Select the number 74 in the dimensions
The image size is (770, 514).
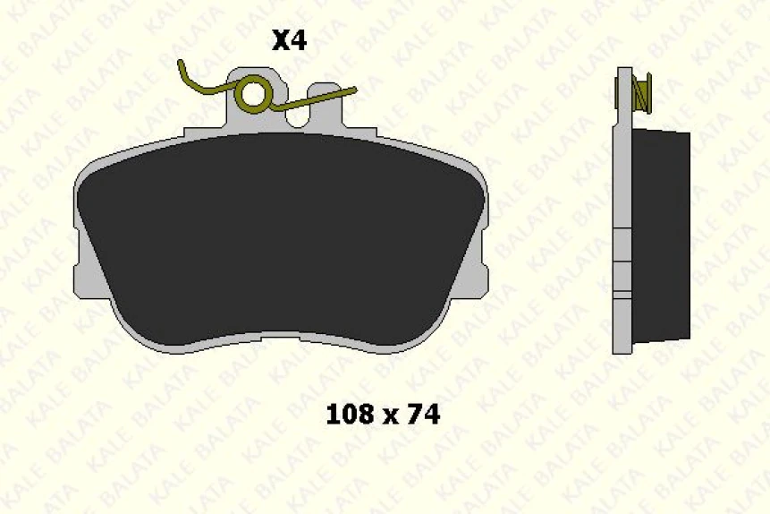423,415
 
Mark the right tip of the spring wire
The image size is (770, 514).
354,89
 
